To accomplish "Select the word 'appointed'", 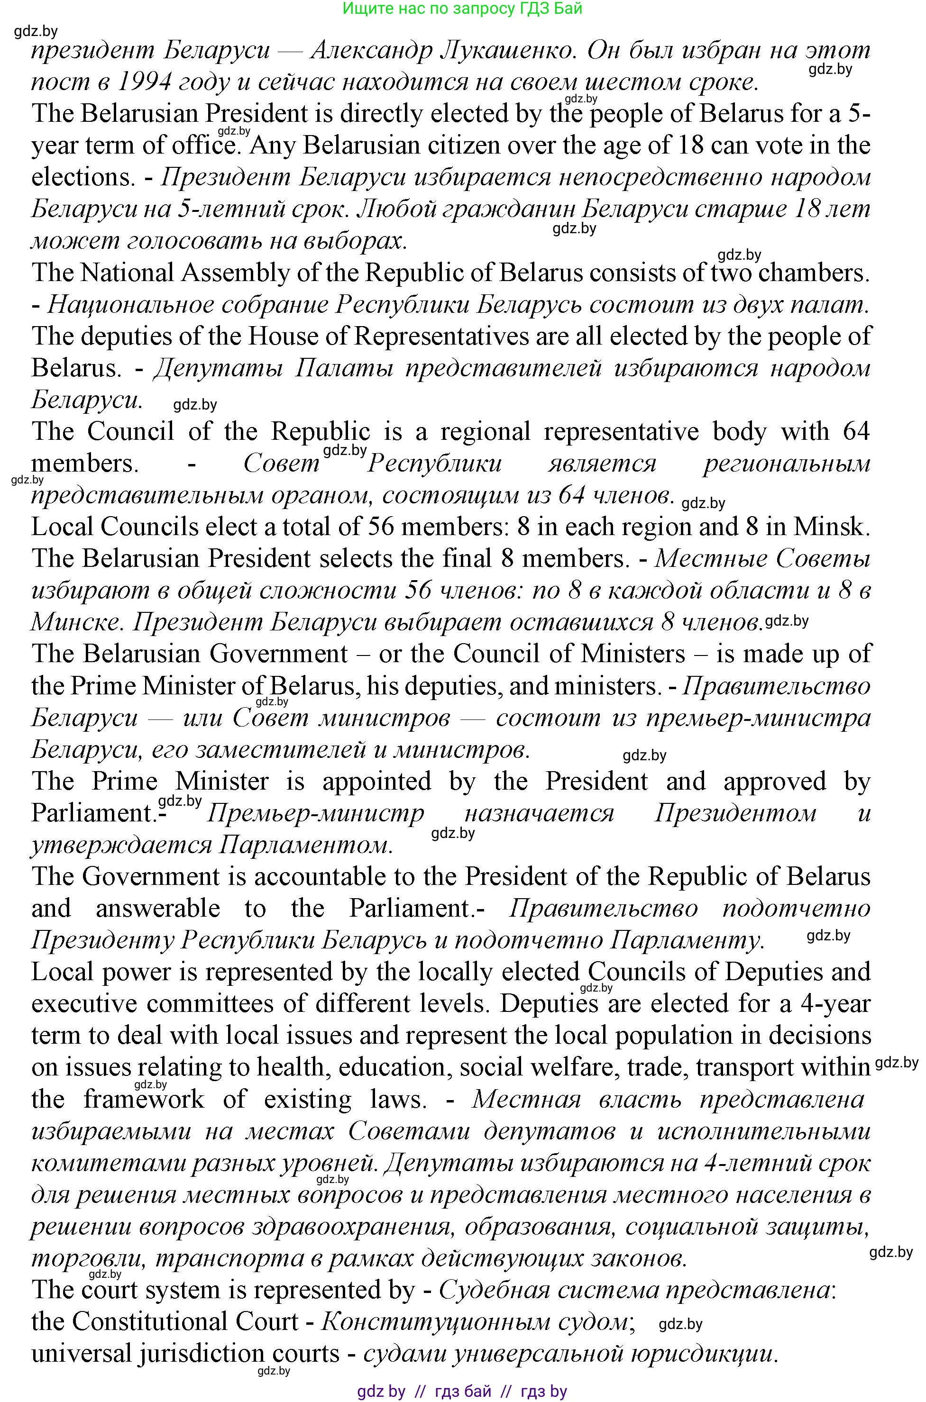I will tap(377, 782).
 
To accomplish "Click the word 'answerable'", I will tap(158, 909).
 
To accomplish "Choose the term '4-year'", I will tap(835, 1004).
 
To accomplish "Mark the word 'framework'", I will tap(144, 1100).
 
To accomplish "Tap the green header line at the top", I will tap(462, 8).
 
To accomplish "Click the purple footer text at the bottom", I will tap(462, 1392).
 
